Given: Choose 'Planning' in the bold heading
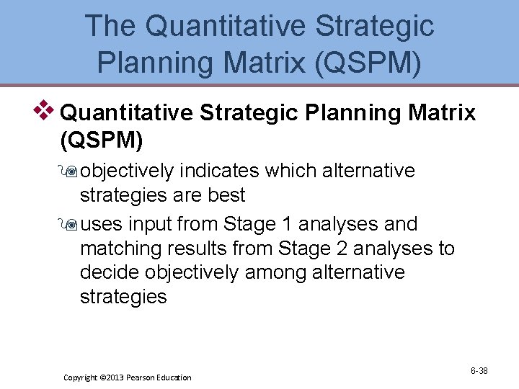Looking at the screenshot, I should (342, 112).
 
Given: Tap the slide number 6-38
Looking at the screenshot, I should (479, 371).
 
